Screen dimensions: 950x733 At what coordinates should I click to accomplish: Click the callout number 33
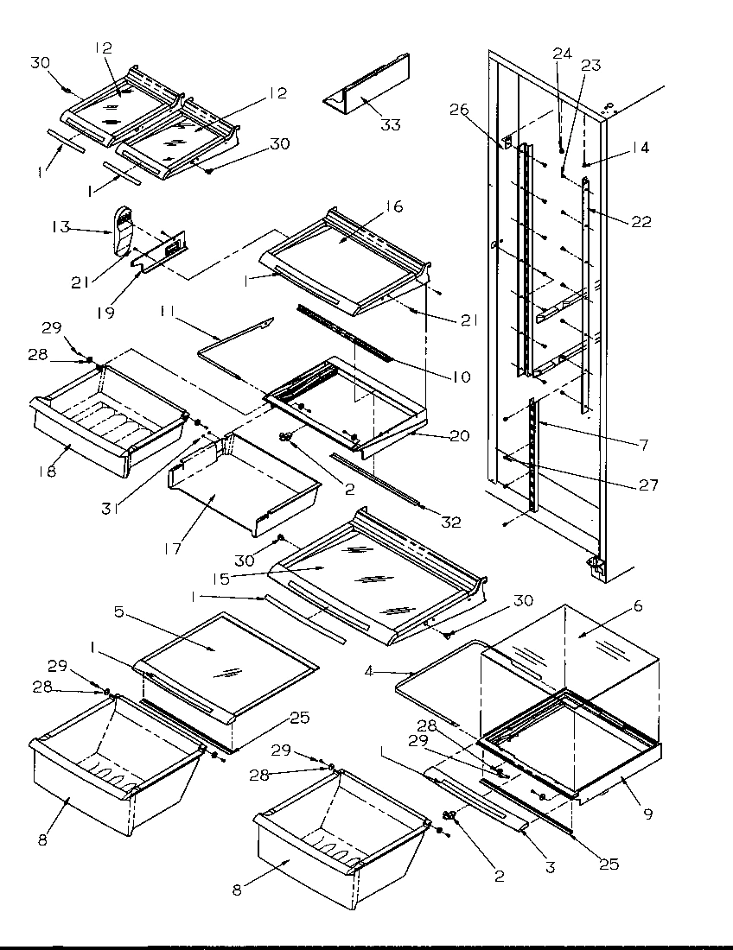click(391, 125)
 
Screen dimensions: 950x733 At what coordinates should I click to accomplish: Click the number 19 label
click(105, 313)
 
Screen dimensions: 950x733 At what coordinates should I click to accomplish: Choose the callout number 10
click(460, 377)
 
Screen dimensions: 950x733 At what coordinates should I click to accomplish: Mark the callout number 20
click(459, 436)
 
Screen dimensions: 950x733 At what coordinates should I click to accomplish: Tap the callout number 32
click(449, 522)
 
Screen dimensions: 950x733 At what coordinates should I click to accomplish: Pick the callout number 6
click(639, 607)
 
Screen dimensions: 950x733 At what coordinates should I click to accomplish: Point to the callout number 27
click(647, 485)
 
